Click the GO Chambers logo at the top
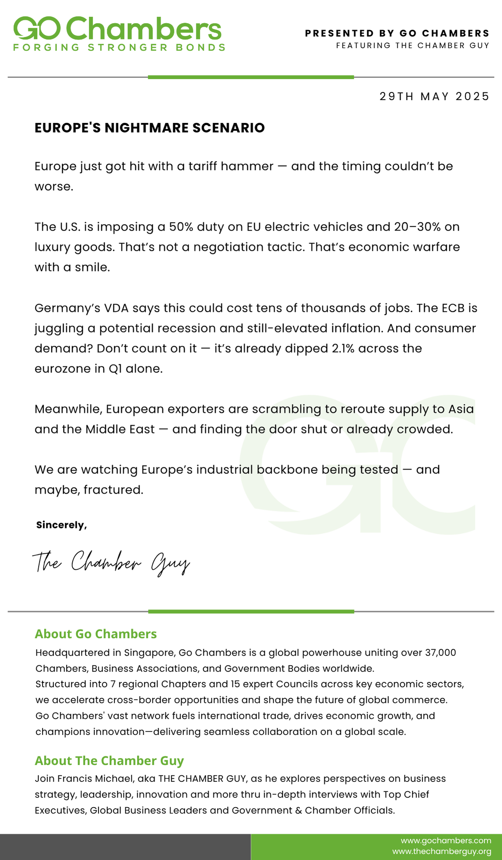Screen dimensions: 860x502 [x=117, y=29]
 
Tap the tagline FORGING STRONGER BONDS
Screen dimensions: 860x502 [x=119, y=48]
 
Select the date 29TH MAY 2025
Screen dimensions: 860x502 [x=434, y=96]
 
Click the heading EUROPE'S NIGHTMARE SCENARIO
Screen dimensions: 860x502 [x=149, y=128]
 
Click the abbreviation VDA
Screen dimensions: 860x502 [x=115, y=308]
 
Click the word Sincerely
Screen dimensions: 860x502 [x=61, y=525]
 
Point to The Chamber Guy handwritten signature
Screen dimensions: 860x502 [x=111, y=562]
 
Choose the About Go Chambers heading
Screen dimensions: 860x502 [x=96, y=634]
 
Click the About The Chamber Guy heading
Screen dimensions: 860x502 [x=109, y=761]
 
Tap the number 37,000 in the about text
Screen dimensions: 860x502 [x=440, y=653]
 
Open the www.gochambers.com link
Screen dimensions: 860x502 [x=446, y=840]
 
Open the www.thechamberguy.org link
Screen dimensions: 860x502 [x=441, y=851]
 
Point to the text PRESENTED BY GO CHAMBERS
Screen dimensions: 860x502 [x=397, y=33]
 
